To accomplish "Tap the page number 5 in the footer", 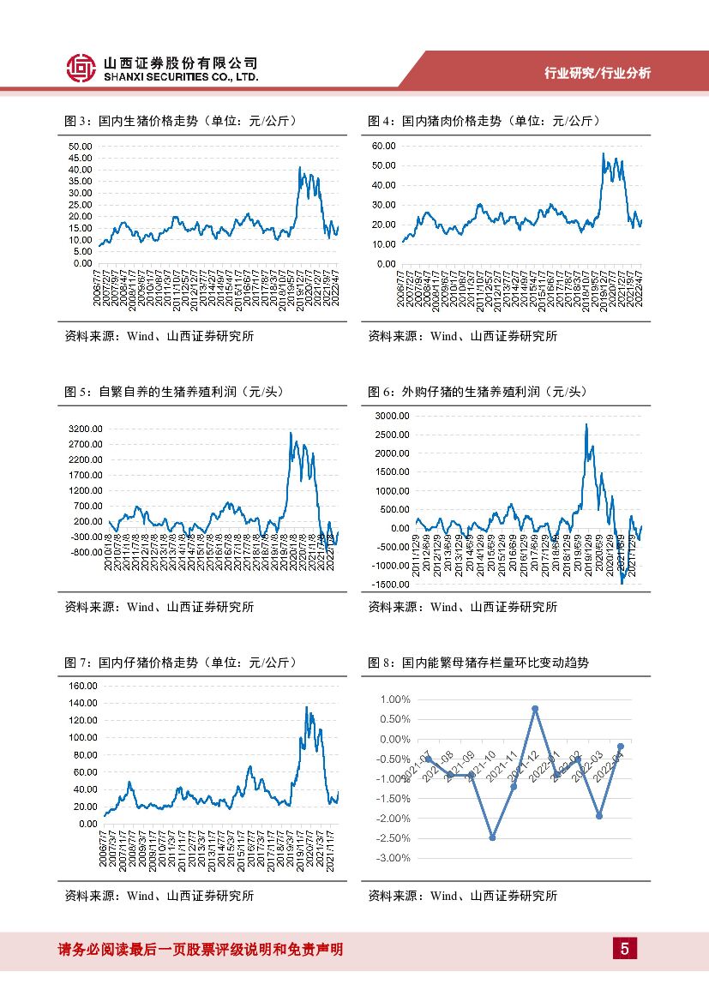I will coord(625,949).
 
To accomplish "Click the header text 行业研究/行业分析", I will coord(598,74).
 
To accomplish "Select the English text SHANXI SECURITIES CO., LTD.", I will coord(180,77).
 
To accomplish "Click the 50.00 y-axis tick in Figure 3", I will coord(80,146).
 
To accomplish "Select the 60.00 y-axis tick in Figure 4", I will coord(383,146).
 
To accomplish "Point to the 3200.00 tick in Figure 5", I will coord(86,429).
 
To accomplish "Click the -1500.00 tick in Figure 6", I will coord(390,585).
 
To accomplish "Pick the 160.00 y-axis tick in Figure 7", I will coord(83,686).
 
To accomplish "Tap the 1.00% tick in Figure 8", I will coord(394,699).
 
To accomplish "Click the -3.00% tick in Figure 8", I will coord(393,858).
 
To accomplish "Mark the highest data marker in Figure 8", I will coord(535,709).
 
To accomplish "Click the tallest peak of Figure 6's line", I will coord(586,424).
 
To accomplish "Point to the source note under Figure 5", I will coord(159,607).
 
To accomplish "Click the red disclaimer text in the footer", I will coord(200,949).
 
